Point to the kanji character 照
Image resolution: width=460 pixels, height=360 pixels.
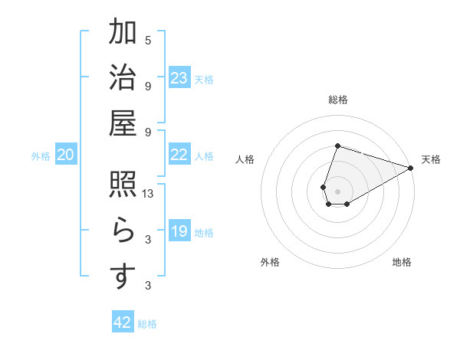pos(123,185)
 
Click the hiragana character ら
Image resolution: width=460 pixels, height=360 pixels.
pos(123,231)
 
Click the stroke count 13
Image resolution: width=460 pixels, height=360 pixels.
pos(149,195)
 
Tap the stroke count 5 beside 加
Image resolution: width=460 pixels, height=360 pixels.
pos(148,41)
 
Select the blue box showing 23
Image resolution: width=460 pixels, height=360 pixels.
pos(179,78)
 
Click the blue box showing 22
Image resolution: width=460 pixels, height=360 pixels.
pos(179,155)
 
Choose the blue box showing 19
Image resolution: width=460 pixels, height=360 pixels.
pos(179,232)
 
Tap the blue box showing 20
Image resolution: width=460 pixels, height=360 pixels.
pos(65,155)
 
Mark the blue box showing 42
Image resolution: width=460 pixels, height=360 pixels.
pos(123,322)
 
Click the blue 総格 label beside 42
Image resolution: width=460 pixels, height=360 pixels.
pos(147,324)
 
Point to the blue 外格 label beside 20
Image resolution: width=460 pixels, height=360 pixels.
pos(41,156)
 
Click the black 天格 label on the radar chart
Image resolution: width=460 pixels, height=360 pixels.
pos(431,159)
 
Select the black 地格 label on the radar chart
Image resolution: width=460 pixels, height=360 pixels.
pos(402,262)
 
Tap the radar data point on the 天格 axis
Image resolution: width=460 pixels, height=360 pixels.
pos(410,169)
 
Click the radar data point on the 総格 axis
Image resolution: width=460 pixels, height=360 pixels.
pos(337,146)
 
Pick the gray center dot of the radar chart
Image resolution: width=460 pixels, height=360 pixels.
pos(337,190)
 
